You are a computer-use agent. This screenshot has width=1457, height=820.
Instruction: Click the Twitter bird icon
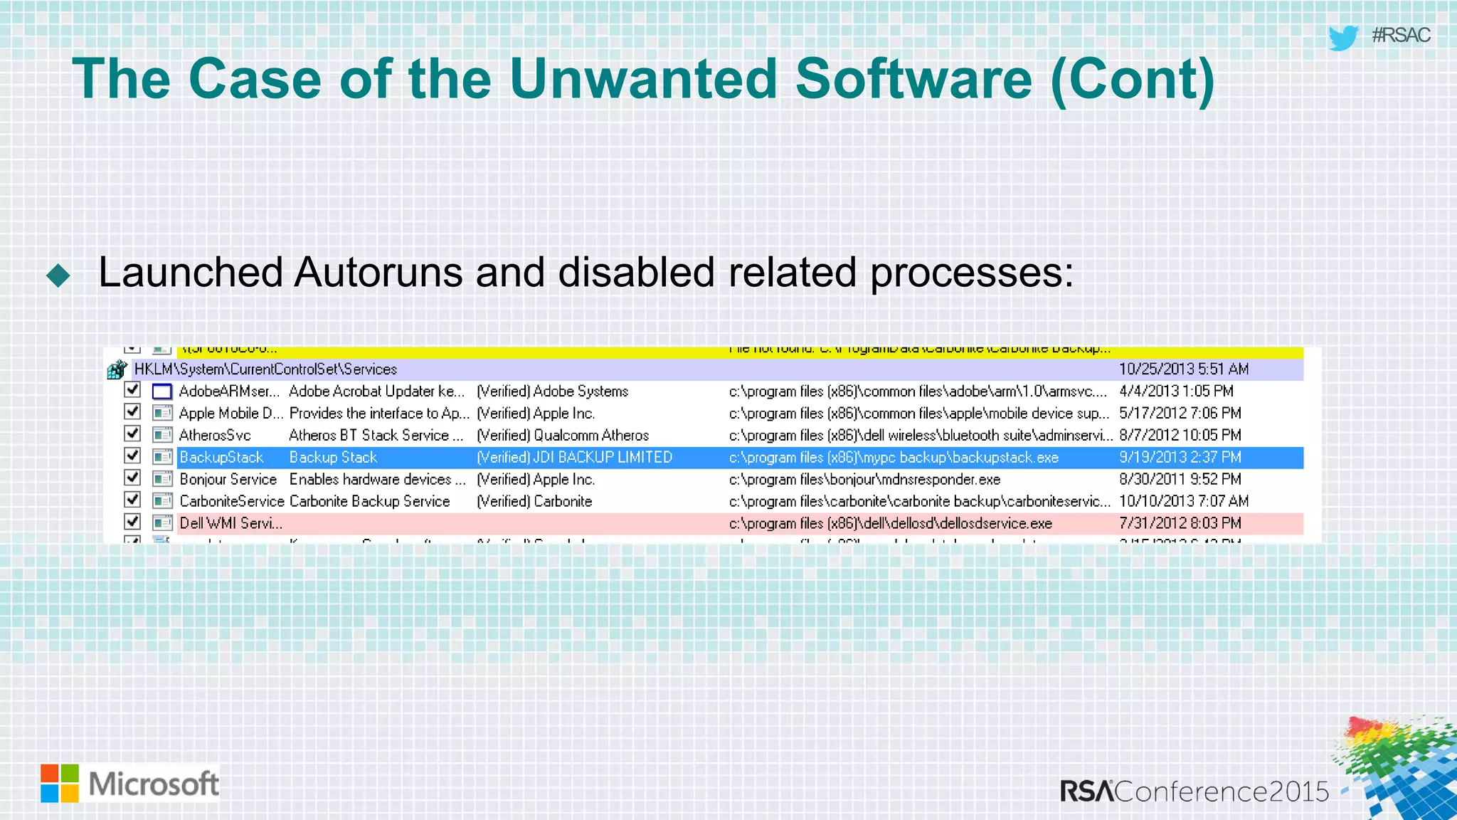click(1343, 37)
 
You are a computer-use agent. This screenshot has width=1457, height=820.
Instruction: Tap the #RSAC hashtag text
click(1401, 35)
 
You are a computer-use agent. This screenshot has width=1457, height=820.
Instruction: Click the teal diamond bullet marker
click(58, 275)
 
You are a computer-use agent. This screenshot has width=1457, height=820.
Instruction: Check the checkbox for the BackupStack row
click(132, 456)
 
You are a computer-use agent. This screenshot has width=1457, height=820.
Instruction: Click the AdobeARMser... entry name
click(228, 391)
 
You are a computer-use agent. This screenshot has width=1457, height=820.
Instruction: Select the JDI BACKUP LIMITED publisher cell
click(574, 457)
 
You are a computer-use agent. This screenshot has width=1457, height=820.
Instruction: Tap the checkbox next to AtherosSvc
click(132, 433)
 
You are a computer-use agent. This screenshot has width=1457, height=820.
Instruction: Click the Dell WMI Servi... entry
click(231, 523)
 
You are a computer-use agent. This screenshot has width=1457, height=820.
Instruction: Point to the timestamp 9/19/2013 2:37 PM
click(1180, 457)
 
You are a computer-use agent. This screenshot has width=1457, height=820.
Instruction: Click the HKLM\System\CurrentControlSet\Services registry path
click(265, 369)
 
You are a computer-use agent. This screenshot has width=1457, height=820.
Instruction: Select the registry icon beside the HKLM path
click(117, 369)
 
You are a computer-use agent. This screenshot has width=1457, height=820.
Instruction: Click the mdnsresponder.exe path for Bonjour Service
click(864, 479)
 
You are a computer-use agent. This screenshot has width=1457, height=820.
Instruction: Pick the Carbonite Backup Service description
click(369, 501)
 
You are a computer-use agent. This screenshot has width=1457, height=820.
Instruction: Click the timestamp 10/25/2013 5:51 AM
click(1183, 369)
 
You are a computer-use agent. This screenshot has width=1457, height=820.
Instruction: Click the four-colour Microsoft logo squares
click(60, 783)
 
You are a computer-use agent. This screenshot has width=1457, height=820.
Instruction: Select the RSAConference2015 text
click(1194, 792)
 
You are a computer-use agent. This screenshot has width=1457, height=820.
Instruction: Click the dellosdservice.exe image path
click(890, 523)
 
